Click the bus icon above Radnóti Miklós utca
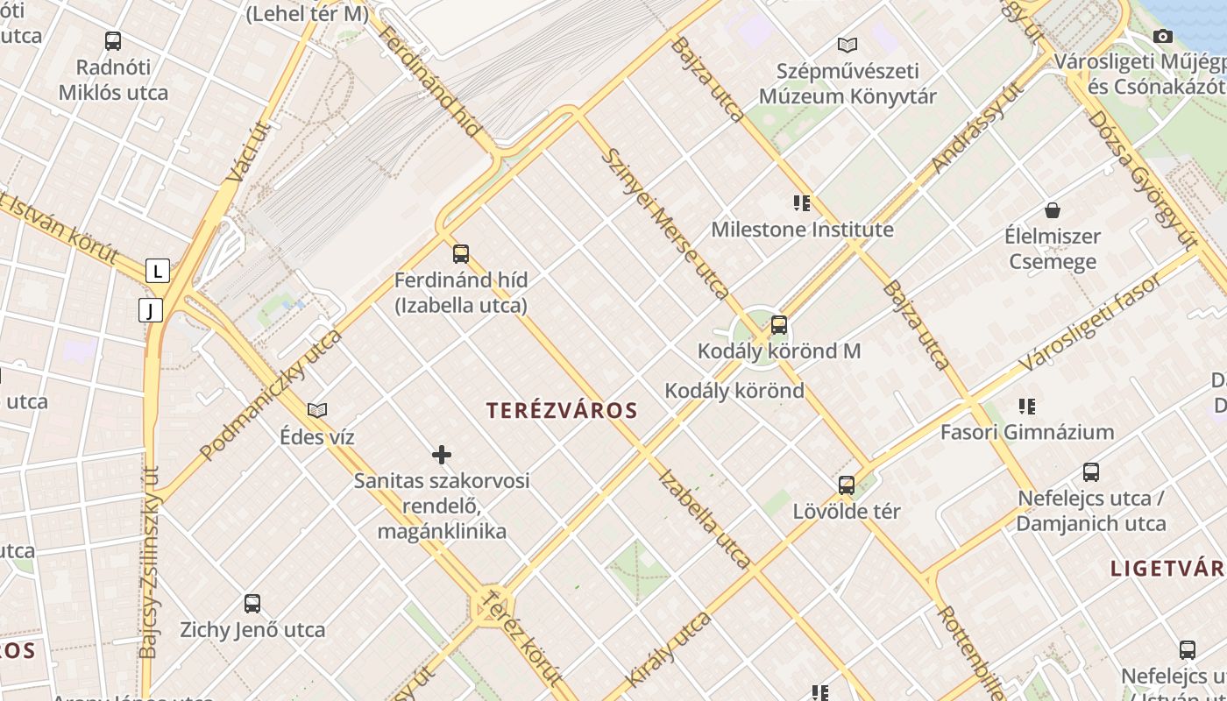[x=113, y=40]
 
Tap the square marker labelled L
[x=158, y=271]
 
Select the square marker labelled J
[x=151, y=309]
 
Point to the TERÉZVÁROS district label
[x=562, y=410]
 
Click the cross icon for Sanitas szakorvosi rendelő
[x=442, y=454]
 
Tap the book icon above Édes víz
[x=317, y=409]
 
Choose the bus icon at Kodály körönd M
[x=778, y=325]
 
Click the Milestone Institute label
[x=802, y=230]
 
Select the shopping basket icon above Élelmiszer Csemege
[x=1052, y=210]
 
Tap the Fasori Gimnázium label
[x=1027, y=431]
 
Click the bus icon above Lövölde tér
[x=846, y=485]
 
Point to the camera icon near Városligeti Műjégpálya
[x=1163, y=36]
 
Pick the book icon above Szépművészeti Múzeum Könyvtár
[x=847, y=45]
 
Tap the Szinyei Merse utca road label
[x=666, y=223]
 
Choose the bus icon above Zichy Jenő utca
[x=252, y=603]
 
